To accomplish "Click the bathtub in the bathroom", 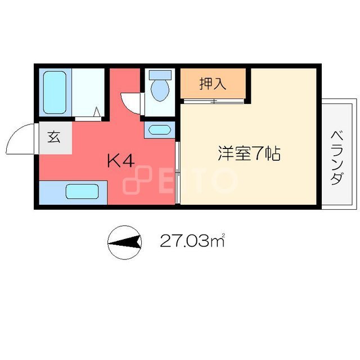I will [x=55, y=92].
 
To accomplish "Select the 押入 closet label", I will [x=213, y=84].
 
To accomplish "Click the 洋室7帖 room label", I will [x=249, y=154].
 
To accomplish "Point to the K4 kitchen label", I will [x=121, y=161].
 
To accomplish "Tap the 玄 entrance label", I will [x=54, y=137].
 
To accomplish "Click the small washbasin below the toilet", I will [x=160, y=129].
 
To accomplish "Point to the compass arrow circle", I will [x=124, y=242].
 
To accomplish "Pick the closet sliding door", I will [x=213, y=102].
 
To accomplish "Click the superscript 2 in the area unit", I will [x=223, y=236].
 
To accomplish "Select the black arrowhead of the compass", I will [x=130, y=242].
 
